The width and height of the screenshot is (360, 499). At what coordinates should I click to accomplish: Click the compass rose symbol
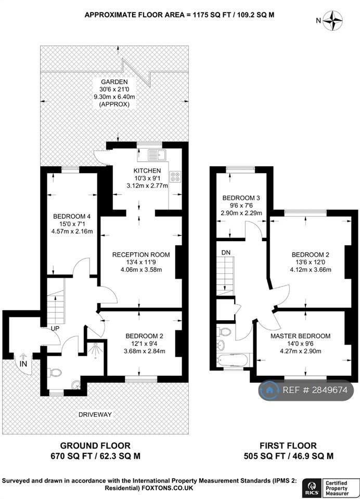(x=332, y=21)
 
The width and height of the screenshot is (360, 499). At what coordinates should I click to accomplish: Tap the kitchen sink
(x=157, y=155)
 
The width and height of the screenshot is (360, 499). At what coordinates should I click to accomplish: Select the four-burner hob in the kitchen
(x=175, y=176)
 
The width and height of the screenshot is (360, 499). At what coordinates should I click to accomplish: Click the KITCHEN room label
(x=147, y=170)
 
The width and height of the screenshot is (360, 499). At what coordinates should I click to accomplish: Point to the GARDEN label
(x=114, y=82)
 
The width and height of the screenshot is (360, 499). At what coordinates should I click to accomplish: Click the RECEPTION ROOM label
(x=141, y=255)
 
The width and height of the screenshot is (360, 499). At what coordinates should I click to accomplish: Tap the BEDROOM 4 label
(x=72, y=216)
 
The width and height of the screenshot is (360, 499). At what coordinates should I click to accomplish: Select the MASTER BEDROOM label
(x=300, y=336)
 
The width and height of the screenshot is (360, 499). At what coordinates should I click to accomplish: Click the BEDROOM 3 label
(x=241, y=198)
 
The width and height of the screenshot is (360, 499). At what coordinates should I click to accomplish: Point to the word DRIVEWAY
(x=95, y=415)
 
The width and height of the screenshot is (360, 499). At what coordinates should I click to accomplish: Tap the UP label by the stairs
(x=55, y=329)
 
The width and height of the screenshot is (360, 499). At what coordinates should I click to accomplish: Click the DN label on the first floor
(x=226, y=253)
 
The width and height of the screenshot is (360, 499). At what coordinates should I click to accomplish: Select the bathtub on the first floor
(x=233, y=360)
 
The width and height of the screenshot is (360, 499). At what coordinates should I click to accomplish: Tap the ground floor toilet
(x=55, y=372)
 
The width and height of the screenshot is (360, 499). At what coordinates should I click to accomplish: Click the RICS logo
(x=311, y=487)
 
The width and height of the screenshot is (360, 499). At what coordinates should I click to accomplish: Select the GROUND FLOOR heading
(x=95, y=445)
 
